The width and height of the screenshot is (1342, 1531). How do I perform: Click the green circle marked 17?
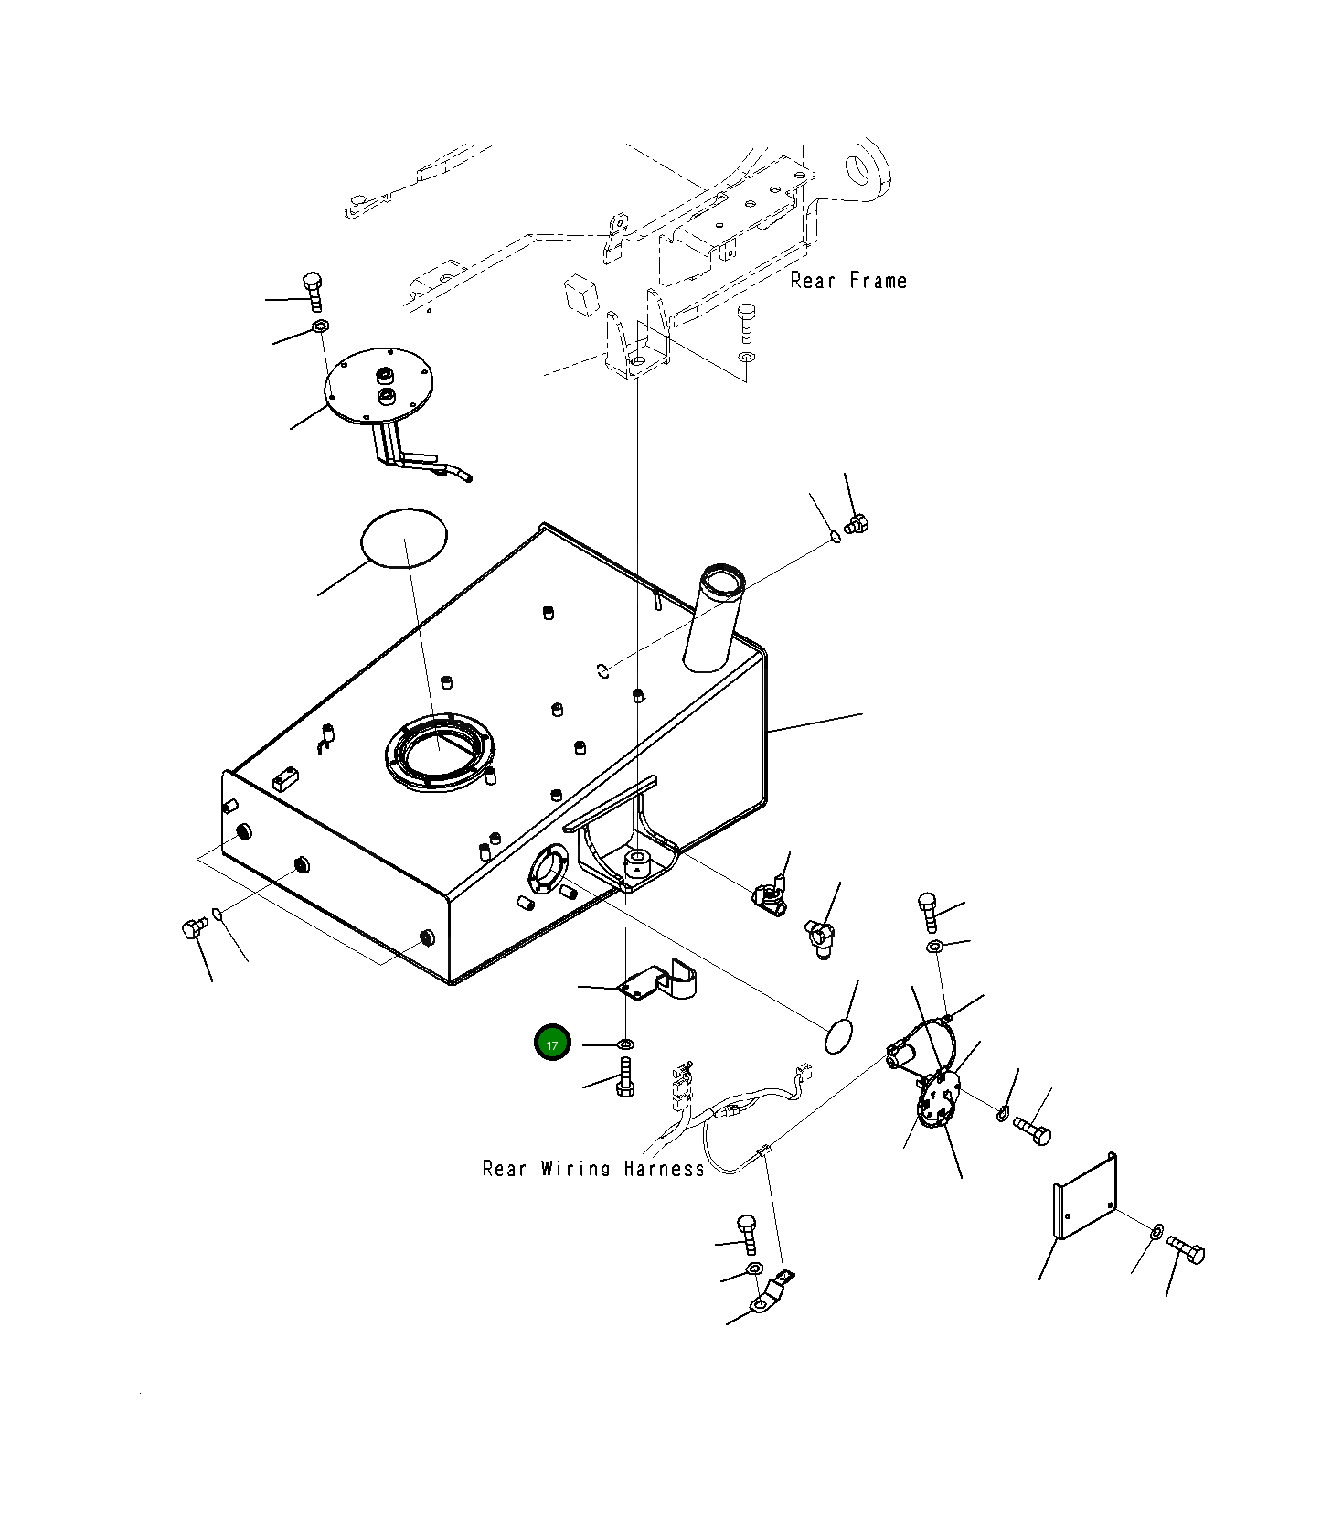(x=552, y=1044)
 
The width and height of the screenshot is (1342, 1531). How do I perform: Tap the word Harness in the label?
(x=665, y=1168)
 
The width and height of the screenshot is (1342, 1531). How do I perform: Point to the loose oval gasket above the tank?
(x=405, y=539)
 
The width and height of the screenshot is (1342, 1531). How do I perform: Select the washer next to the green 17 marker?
(x=626, y=1044)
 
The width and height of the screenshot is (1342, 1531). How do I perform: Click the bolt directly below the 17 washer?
(x=625, y=1076)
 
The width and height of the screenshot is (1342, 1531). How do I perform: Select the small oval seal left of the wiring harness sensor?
(x=839, y=1037)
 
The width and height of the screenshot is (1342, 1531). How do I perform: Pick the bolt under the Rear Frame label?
(x=746, y=322)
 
